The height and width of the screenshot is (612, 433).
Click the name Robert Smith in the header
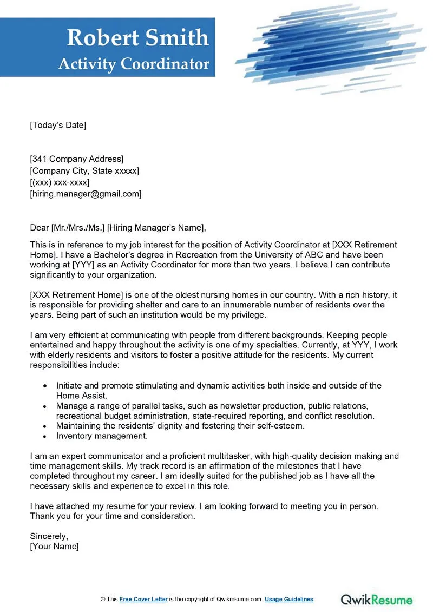(137, 38)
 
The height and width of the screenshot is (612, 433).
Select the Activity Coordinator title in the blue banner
(134, 64)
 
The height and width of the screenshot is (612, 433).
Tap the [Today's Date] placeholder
(58, 125)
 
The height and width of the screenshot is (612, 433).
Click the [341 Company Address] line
(76, 159)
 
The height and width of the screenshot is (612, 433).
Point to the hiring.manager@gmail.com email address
(86, 194)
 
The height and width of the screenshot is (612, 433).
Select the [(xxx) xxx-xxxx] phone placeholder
(60, 182)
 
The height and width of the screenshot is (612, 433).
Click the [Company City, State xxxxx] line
(84, 170)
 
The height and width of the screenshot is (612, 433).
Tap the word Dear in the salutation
(39, 227)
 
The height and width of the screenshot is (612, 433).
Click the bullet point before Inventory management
(44, 436)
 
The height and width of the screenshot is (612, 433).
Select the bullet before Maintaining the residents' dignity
(44, 426)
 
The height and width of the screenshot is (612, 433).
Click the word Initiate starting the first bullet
(70, 385)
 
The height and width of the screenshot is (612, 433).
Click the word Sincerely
(49, 536)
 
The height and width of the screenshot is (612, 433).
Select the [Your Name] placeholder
(54, 547)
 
